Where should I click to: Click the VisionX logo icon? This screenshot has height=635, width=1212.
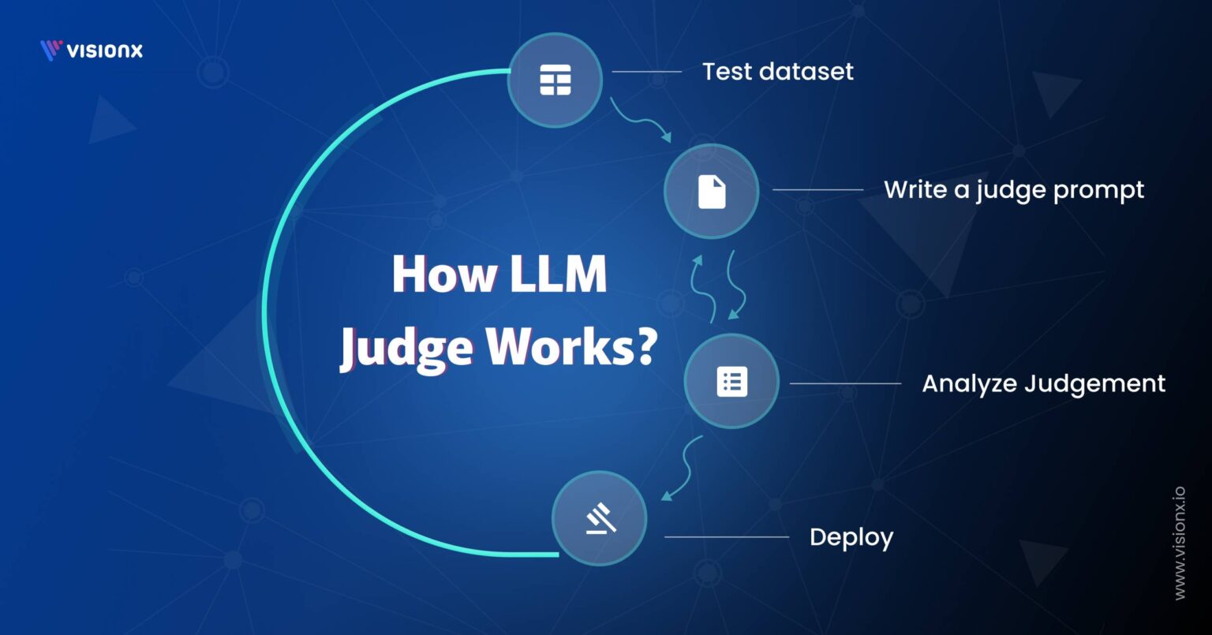click(50, 50)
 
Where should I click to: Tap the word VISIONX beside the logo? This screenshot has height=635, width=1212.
click(105, 50)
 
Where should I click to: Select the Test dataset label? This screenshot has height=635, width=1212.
click(777, 72)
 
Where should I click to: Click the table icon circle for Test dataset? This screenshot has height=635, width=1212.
click(555, 80)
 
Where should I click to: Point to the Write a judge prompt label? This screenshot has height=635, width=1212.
click(1013, 190)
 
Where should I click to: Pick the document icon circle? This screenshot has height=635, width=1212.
click(711, 192)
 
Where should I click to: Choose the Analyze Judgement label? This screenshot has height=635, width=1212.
click(1043, 384)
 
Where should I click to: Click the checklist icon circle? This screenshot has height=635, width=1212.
click(731, 382)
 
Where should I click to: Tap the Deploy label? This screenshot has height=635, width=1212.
click(851, 538)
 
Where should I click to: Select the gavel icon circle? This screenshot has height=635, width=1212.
click(599, 518)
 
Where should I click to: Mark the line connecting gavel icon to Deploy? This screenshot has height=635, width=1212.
click(726, 537)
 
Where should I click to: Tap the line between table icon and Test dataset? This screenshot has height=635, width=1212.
click(646, 72)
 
